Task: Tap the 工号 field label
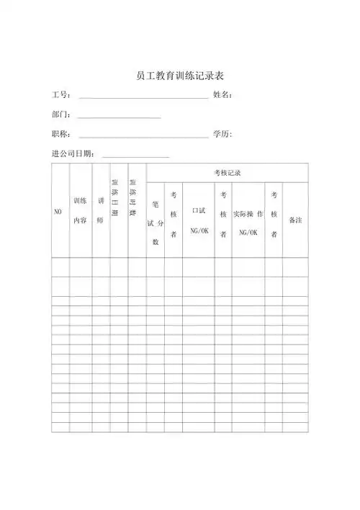(60, 95)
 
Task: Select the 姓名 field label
(222, 95)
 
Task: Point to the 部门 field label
(60, 115)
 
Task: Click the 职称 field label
(60, 134)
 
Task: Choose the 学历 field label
(222, 134)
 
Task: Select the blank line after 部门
(119, 116)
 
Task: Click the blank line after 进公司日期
(136, 155)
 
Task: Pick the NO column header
(58, 211)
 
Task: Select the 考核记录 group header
(227, 173)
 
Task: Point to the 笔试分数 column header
(155, 223)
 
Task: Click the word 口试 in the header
(199, 211)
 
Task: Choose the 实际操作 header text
(248, 215)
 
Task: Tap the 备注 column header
(295, 220)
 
